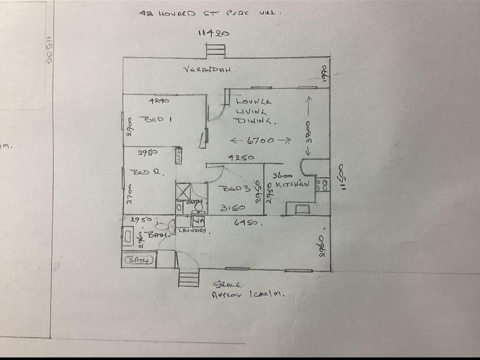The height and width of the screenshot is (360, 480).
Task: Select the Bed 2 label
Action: pos(146,172)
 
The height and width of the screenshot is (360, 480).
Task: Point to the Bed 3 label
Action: pos(232,189)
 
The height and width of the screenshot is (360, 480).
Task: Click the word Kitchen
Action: pos(292,184)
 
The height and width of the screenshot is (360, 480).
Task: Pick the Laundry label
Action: pos(193,231)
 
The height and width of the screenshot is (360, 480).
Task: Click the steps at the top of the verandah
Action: pos(215,50)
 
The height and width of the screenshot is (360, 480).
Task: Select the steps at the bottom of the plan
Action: pos(187,279)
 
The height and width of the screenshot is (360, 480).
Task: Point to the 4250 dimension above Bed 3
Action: pos(241,157)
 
